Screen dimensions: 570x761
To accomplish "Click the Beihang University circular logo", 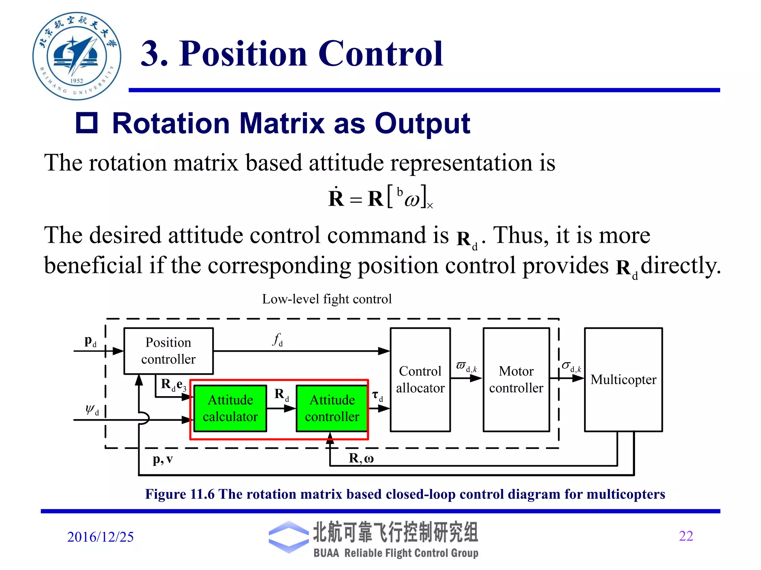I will pyautogui.click(x=77, y=56).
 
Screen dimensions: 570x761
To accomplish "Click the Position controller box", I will pyautogui.click(x=168, y=351).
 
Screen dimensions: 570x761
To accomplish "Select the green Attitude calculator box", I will pyautogui.click(x=230, y=408).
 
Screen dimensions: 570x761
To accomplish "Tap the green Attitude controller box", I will pyautogui.click(x=332, y=408).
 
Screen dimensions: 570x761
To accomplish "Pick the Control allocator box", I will pyautogui.click(x=420, y=379).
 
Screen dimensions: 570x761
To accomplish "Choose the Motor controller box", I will pyautogui.click(x=516, y=379).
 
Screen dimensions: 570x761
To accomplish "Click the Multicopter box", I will pyautogui.click(x=623, y=379).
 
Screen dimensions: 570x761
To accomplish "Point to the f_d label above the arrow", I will pyautogui.click(x=278, y=339).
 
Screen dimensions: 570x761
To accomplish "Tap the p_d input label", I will pyautogui.click(x=90, y=341).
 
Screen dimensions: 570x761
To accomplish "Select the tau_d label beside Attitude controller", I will pyautogui.click(x=378, y=396).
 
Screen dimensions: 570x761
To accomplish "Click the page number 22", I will pyautogui.click(x=686, y=536).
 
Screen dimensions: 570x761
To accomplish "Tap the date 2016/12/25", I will pyautogui.click(x=100, y=537).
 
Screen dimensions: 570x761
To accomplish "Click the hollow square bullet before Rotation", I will pyautogui.click(x=87, y=123).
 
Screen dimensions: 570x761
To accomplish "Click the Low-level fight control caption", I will pyautogui.click(x=327, y=299).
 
